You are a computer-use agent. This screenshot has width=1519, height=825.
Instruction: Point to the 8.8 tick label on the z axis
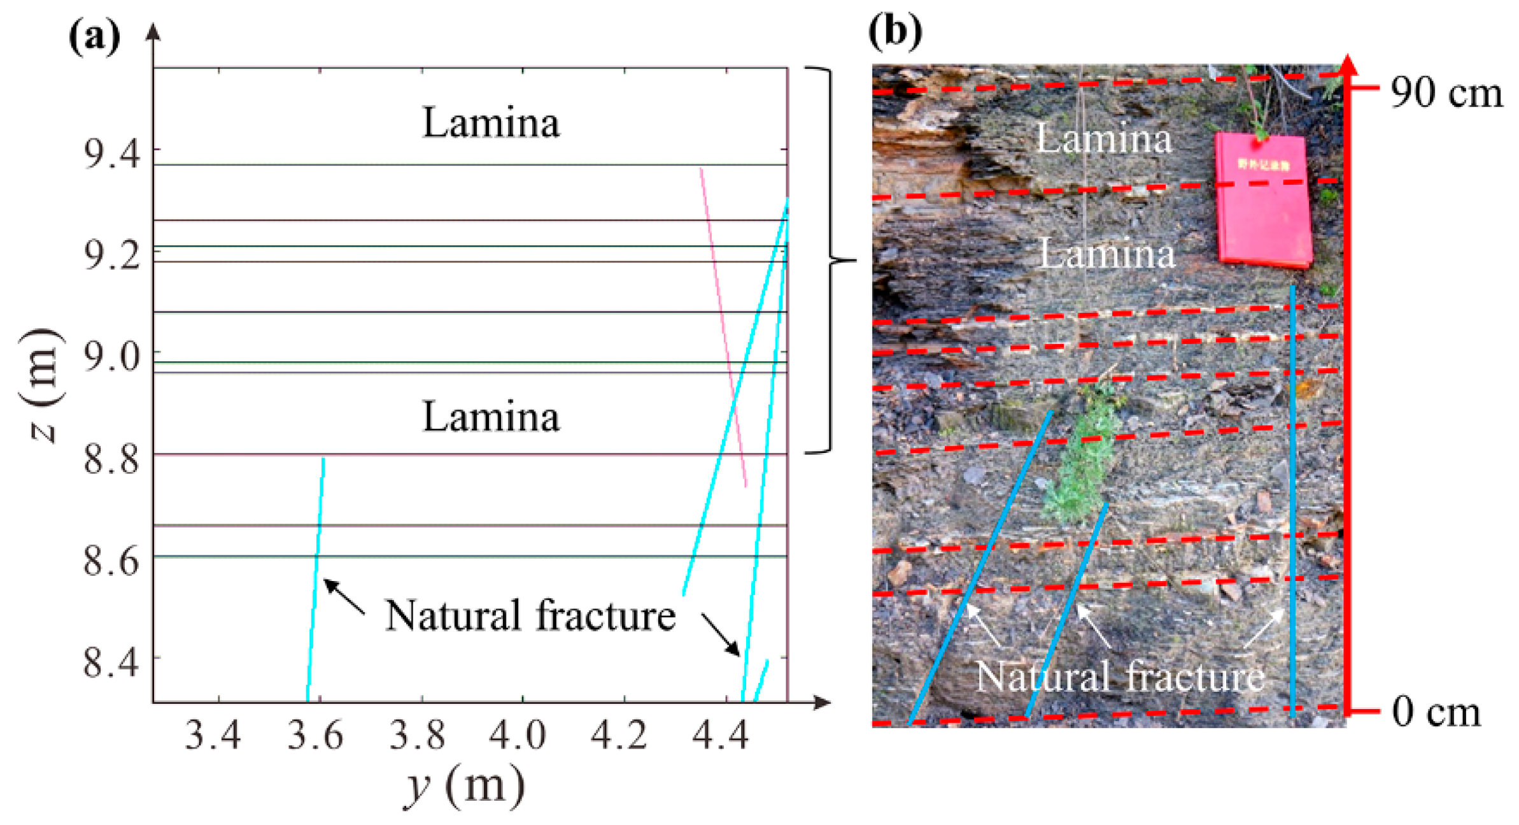pyautogui.click(x=112, y=459)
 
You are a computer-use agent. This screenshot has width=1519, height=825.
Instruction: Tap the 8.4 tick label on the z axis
pyautogui.click(x=112, y=663)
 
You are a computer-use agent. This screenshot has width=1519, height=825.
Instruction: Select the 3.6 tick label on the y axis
pyautogui.click(x=316, y=736)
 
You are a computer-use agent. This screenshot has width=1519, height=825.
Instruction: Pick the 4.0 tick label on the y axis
pyautogui.click(x=518, y=736)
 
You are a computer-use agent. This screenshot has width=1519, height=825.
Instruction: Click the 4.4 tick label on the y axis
pyautogui.click(x=721, y=736)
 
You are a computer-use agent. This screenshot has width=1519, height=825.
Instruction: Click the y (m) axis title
pyautogui.click(x=465, y=787)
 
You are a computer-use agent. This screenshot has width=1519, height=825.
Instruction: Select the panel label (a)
pyautogui.click(x=94, y=37)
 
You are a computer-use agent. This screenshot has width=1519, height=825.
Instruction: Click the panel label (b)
pyautogui.click(x=895, y=31)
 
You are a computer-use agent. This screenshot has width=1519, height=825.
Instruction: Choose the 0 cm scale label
pyautogui.click(x=1436, y=712)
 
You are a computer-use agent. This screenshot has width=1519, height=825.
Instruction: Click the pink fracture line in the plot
pyautogui.click(x=723, y=325)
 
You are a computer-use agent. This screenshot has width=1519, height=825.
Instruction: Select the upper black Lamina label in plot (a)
pyautogui.click(x=491, y=123)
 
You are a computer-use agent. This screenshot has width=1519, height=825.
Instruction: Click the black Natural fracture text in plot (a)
pyautogui.click(x=530, y=616)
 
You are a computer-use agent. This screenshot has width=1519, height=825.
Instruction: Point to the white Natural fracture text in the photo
pyautogui.click(x=1120, y=677)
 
